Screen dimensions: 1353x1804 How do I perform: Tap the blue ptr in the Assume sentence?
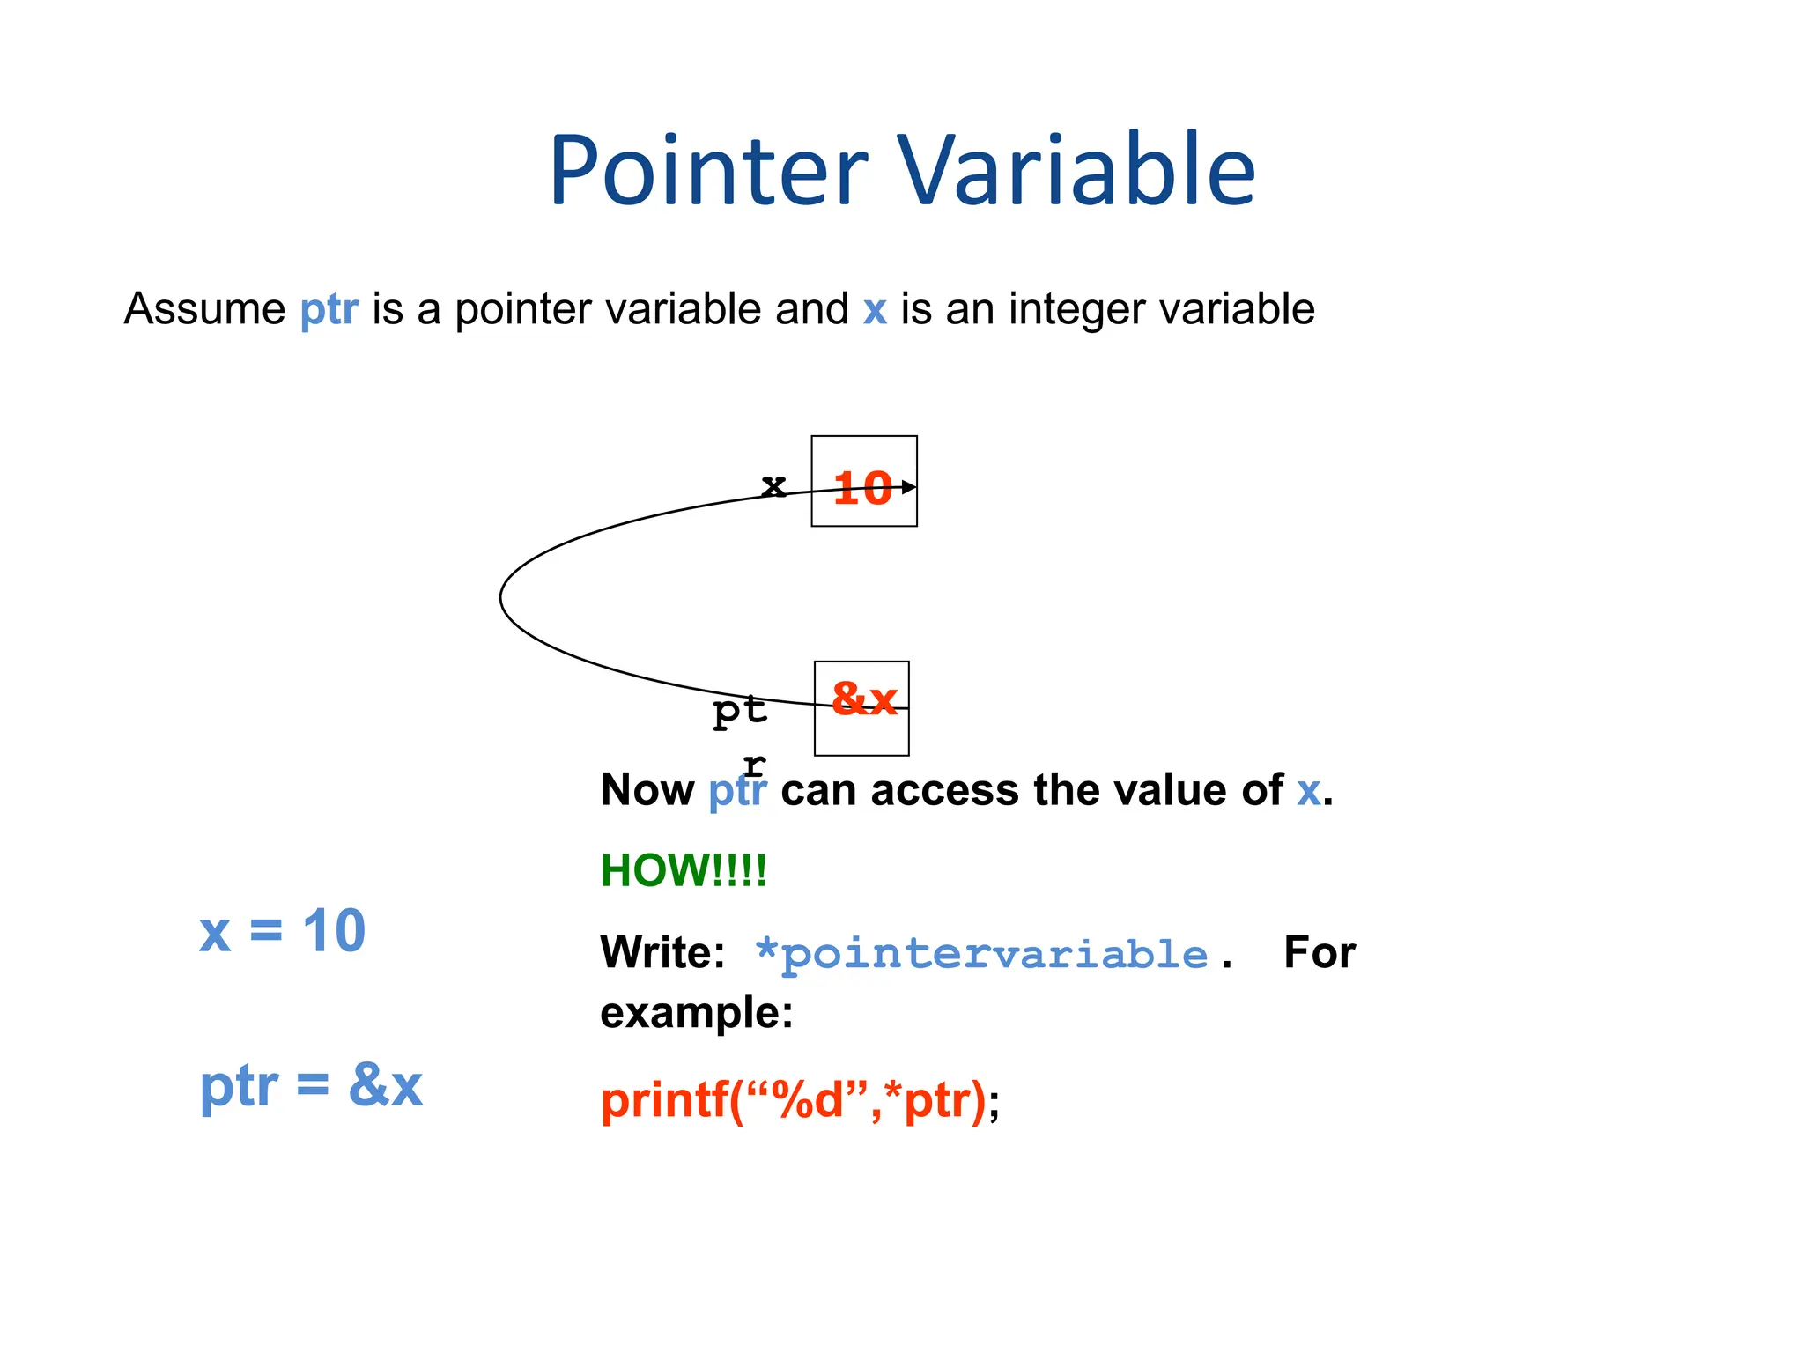(x=329, y=310)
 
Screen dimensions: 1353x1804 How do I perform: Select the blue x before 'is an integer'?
(x=874, y=310)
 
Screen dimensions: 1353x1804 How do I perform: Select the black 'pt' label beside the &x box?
(x=740, y=710)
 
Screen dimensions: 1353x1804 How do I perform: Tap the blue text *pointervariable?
(x=982, y=954)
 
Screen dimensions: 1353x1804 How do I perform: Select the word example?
(x=696, y=1012)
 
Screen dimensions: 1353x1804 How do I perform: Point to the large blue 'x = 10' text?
(x=282, y=931)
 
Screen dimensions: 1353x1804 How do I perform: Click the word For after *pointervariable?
(x=1319, y=952)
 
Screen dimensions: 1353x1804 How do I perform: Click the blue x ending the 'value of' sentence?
(x=1308, y=792)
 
